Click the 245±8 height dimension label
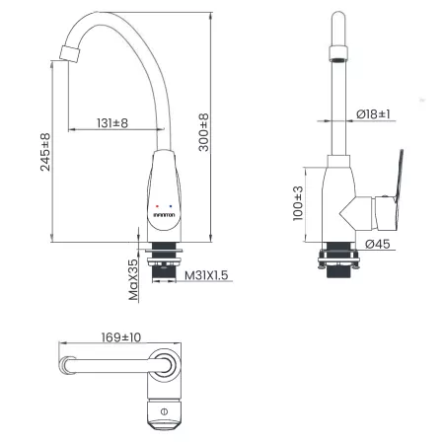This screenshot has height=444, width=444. (45, 152)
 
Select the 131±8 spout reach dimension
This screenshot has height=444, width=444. (112, 123)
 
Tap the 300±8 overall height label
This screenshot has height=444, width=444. (203, 132)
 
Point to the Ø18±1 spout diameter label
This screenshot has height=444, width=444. (373, 114)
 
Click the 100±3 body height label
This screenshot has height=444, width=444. (298, 203)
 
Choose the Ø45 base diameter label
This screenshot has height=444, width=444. (378, 244)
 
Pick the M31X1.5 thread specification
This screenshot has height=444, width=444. (206, 275)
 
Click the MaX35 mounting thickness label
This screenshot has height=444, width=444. (134, 280)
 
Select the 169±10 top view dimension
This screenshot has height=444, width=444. (121, 337)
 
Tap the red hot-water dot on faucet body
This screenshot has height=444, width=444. (157, 206)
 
